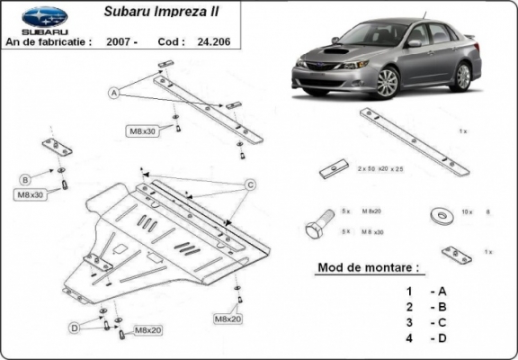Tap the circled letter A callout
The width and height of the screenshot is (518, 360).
114,92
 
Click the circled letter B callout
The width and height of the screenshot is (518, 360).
25,177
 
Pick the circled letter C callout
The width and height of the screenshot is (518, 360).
251,185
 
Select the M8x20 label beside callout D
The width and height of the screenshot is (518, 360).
146,332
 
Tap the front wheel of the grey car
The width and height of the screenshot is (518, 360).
388,84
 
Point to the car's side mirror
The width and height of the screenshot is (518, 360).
415,42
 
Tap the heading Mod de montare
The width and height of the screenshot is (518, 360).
369,268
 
